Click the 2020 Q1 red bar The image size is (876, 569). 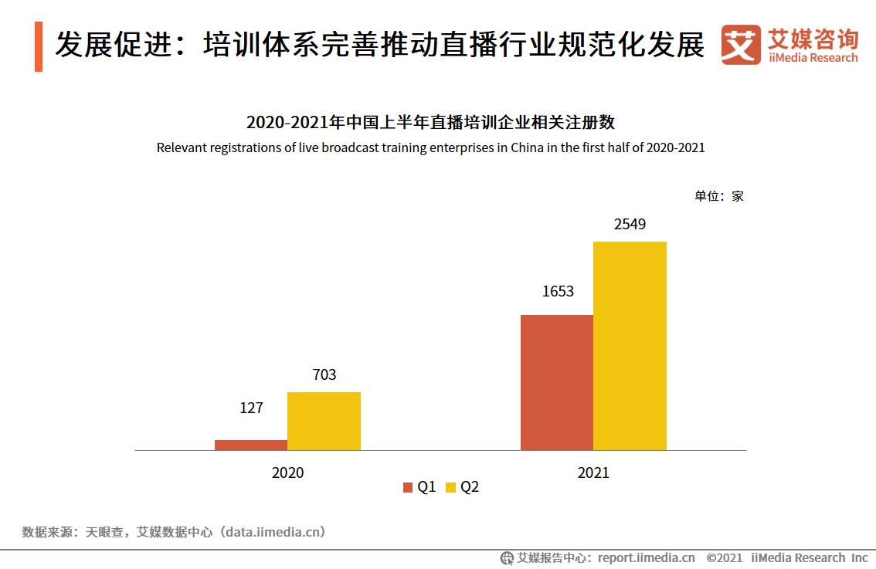251,445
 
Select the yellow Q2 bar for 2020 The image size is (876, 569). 324,421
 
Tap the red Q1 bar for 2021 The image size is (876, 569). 556,382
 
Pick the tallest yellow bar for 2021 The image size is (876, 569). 630,346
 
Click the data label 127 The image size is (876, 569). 251,408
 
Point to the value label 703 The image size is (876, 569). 324,374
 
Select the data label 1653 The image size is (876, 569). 558,291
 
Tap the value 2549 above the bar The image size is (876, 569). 630,225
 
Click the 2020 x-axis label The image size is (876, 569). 287,472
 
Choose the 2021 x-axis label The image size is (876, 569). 593,472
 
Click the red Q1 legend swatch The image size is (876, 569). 408,487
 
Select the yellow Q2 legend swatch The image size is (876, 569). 450,487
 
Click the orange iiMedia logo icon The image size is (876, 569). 741,45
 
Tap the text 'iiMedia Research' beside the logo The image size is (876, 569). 813,58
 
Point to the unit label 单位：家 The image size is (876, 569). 718,196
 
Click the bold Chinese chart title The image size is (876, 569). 430,122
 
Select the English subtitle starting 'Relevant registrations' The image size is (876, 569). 430,147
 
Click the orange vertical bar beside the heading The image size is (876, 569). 39,46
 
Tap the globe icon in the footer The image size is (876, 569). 507,557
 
